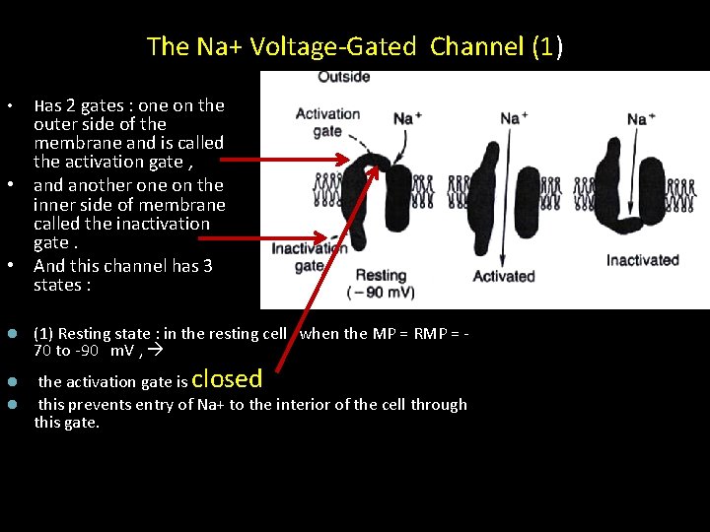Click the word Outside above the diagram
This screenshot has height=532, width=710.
coord(344,77)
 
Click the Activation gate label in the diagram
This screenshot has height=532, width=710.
coord(326,122)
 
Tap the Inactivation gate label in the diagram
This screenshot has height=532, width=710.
coord(309,257)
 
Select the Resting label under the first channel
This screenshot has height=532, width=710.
coord(381,276)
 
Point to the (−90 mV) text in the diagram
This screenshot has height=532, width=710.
coord(382,293)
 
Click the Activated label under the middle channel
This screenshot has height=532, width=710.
coord(503,276)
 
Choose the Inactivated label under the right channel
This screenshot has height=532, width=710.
coord(642,260)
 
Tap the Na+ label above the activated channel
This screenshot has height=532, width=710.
coord(513,118)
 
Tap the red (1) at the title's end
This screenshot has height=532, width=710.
coord(547,45)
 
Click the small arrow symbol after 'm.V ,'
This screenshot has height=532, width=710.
coord(155,351)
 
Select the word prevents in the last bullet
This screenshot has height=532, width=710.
coord(99,405)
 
